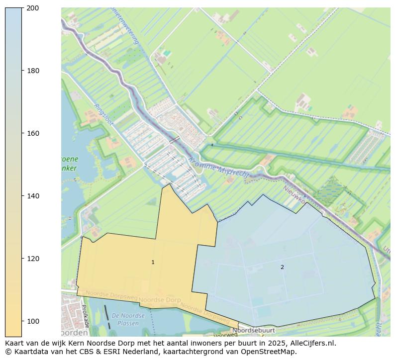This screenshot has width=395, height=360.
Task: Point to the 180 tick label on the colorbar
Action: tap(33, 71)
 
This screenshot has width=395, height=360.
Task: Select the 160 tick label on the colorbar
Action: tap(33, 133)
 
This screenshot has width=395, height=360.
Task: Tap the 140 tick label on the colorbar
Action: tap(33, 196)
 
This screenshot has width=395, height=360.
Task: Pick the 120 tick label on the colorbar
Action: tap(33, 259)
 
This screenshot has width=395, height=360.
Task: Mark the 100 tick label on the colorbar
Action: tap(33, 321)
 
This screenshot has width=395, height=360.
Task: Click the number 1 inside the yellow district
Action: tap(153, 262)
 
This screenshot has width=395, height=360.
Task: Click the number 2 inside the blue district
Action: tap(282, 267)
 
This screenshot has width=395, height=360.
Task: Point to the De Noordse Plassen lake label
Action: tap(128, 319)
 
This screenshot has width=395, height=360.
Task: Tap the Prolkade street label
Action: tap(85, 316)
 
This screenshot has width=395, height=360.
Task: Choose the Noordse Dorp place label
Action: tap(159, 300)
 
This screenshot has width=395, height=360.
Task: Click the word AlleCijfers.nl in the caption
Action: tap(313, 343)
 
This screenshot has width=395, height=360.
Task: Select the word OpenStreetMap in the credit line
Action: tap(269, 352)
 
